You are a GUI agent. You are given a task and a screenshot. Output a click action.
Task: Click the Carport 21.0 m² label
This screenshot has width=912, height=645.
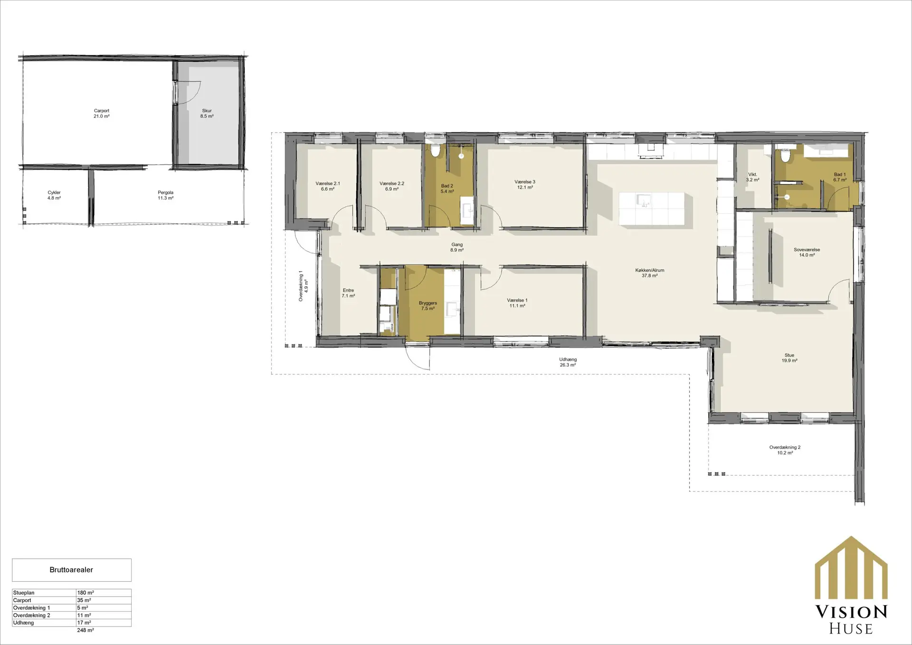pos(102,114)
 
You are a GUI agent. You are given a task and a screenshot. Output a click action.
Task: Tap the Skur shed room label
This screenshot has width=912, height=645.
pos(207,114)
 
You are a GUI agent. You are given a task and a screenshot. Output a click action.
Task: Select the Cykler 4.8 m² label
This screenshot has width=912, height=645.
pos(54,195)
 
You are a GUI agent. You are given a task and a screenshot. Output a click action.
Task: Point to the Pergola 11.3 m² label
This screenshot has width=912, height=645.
pos(165,195)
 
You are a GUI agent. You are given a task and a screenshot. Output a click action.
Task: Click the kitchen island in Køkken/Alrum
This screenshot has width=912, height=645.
pos(652,208)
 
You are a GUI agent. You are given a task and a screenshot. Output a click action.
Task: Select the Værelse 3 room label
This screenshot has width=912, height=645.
pos(524,184)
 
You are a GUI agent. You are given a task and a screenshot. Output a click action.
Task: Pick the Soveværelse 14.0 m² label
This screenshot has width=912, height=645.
pos(807,252)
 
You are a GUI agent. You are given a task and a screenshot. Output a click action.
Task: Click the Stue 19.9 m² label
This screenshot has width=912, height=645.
pos(789,358)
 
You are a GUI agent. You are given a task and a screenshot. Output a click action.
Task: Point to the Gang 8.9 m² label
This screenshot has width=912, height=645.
pos(457,247)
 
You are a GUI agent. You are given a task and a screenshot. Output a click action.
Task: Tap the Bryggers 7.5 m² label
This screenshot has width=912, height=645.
pos(428,305)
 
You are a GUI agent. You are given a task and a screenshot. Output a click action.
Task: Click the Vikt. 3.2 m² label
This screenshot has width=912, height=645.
pos(752,177)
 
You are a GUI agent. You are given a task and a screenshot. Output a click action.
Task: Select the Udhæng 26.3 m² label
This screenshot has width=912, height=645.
pos(568,362)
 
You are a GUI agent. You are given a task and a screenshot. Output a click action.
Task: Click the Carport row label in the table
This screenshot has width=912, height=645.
pos(22,600)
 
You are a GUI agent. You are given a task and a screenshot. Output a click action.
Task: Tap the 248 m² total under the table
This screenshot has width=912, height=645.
pos(85,630)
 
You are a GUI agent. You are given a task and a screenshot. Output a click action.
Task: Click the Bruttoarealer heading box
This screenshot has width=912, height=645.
pos(71,570)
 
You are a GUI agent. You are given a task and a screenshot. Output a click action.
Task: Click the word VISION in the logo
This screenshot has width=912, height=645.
pos(851,612)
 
